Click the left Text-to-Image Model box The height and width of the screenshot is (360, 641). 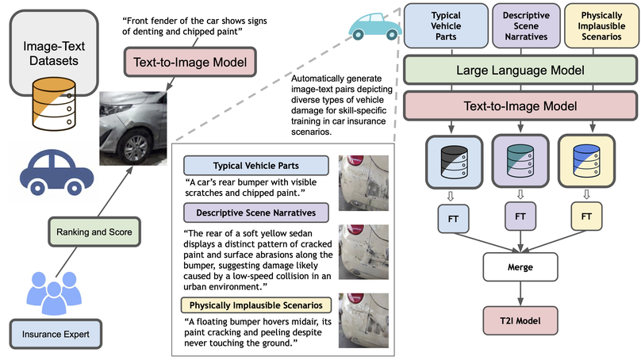190,63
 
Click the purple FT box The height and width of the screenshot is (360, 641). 520,215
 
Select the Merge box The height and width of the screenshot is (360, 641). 520,267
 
